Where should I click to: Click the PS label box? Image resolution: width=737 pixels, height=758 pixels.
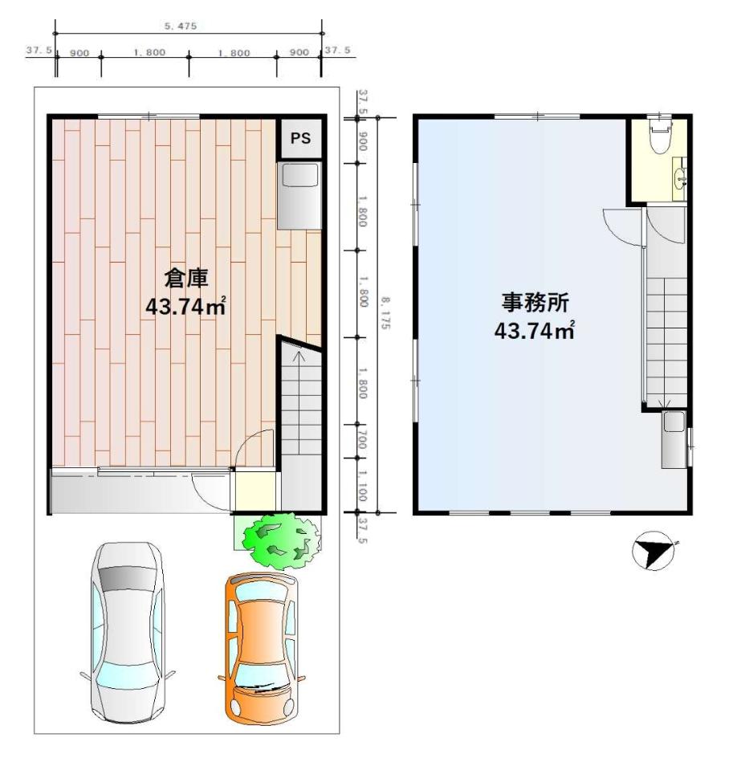300,138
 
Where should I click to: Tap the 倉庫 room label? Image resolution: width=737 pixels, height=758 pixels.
186,279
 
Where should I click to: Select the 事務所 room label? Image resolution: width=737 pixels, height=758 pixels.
535,303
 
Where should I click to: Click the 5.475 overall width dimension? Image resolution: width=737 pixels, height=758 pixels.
181,26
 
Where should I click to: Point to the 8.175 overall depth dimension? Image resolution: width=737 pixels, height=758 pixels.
385,313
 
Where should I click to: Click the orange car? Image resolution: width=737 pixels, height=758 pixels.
262,649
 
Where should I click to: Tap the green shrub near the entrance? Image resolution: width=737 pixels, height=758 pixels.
281,540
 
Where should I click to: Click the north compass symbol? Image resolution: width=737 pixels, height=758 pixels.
653,551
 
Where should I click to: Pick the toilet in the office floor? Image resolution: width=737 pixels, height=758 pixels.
661,135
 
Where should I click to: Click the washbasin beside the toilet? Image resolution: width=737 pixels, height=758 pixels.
681,178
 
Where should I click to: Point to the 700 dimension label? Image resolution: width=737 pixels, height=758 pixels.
362,441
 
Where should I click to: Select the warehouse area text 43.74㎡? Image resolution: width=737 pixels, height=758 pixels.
186,307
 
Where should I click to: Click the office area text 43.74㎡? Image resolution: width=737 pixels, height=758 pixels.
534,331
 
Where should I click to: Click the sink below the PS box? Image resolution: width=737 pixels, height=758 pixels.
299,196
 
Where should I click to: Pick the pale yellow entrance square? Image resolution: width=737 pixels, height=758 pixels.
255,491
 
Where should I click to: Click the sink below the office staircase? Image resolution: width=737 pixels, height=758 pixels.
674,439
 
